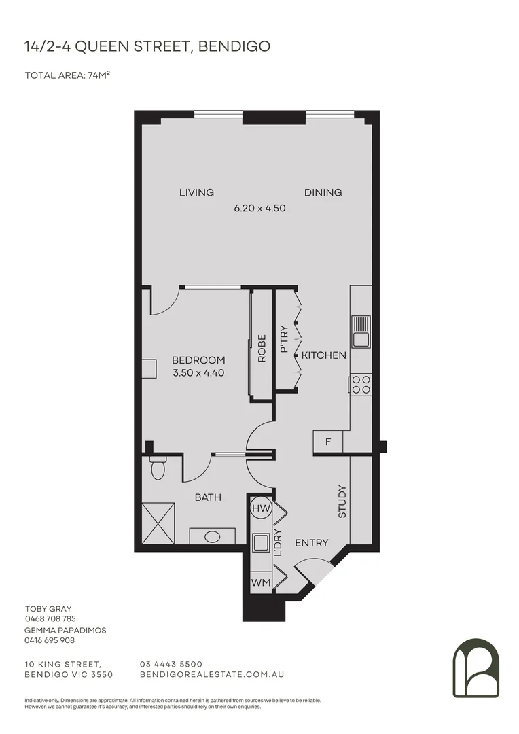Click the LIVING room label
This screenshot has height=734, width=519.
(196, 192)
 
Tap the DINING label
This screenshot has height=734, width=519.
(323, 192)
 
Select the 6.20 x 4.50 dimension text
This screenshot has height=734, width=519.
(259, 209)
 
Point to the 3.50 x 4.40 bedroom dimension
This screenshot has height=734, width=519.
(198, 372)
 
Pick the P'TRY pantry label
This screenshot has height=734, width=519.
(284, 340)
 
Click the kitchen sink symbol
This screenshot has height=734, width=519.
(360, 331)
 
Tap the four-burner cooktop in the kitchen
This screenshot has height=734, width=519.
(360, 385)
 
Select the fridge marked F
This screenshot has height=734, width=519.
(328, 442)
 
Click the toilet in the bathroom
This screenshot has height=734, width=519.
(158, 469)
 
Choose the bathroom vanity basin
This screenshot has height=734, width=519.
(213, 536)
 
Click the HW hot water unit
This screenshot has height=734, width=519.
(259, 508)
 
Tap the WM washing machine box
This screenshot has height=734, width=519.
(259, 582)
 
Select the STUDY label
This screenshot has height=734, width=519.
(342, 502)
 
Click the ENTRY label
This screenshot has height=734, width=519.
(312, 543)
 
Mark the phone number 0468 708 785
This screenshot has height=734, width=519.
(50, 619)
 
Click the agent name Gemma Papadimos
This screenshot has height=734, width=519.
(65, 630)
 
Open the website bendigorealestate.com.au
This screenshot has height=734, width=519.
(211, 674)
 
